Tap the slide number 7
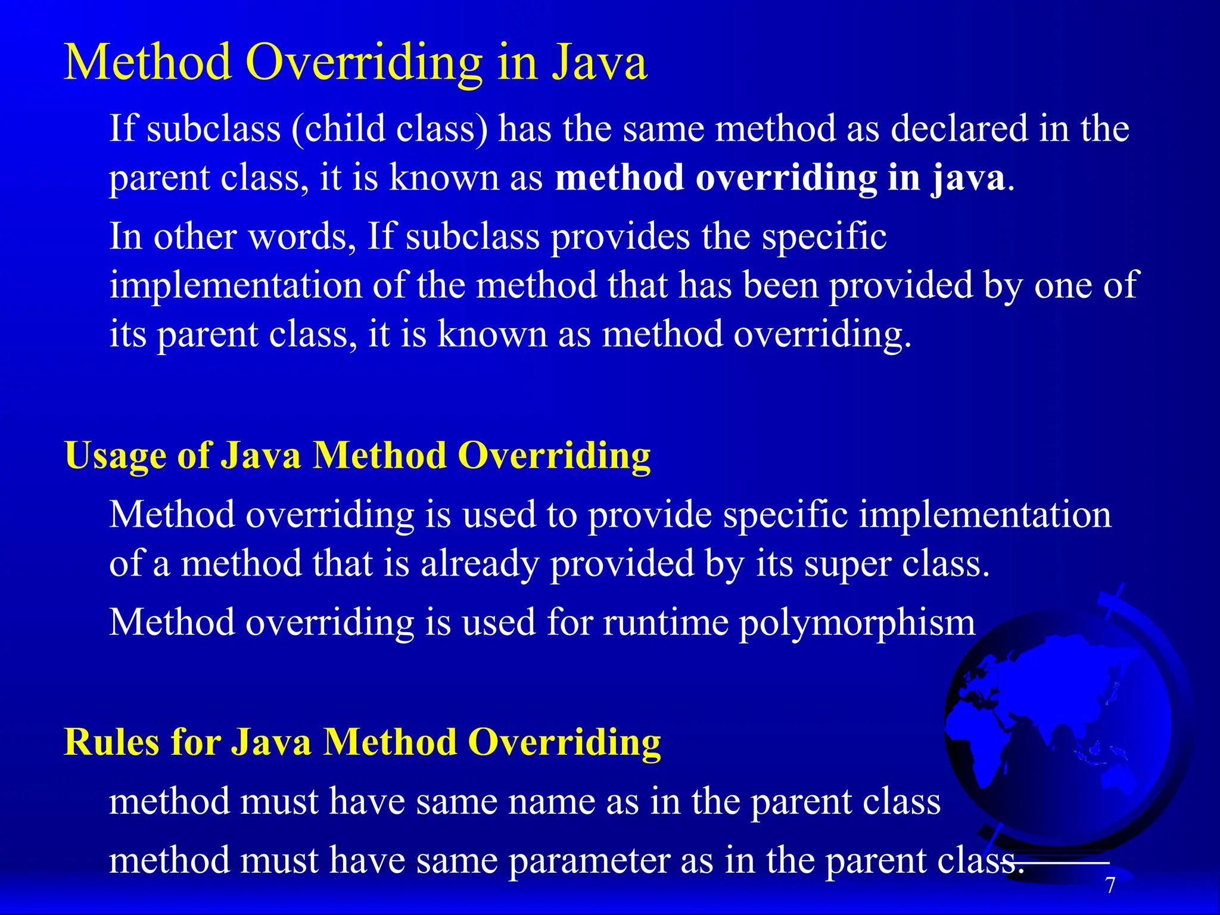pyautogui.click(x=1110, y=886)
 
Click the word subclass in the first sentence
pyautogui.click(x=213, y=129)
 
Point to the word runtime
pyautogui.click(x=665, y=623)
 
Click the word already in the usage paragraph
pyautogui.click(x=479, y=565)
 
